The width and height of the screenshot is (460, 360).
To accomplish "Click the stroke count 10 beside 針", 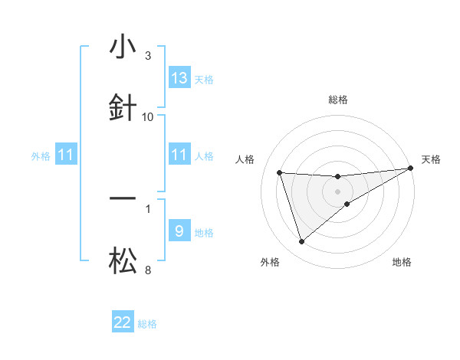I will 148,116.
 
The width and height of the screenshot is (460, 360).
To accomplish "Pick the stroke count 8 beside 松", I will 148,270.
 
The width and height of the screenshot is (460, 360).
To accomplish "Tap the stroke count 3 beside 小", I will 148,56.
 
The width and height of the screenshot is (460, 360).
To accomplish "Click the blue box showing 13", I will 179,77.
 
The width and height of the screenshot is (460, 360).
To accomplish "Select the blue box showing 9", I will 179,231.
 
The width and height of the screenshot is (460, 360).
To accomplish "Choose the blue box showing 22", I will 123,322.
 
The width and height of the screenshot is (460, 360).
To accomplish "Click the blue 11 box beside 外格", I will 66,155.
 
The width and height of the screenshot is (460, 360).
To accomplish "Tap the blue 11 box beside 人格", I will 179,155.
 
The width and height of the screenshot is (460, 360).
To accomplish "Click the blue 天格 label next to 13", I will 203,79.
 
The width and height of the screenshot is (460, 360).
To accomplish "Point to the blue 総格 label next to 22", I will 147,324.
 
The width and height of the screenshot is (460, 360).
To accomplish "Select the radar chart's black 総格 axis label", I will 338,100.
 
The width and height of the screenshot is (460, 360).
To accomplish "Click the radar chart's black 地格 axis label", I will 402,262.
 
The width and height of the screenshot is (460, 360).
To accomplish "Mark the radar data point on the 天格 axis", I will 411,169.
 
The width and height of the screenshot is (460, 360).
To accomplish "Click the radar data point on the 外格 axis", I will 301,242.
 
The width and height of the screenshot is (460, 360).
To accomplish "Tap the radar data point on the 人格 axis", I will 280,172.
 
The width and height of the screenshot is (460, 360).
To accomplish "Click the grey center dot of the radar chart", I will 338,191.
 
